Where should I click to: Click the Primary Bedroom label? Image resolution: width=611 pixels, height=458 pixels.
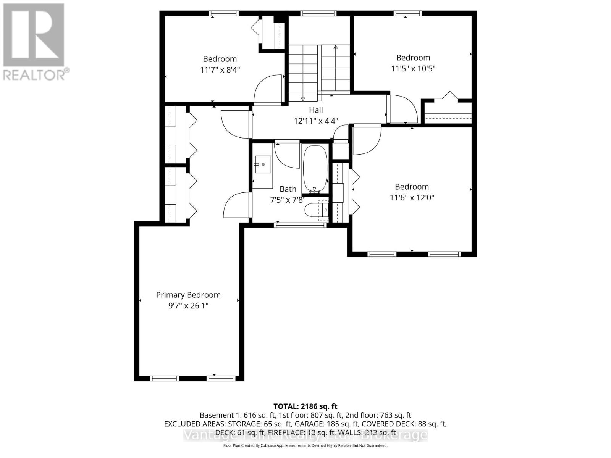(188, 295)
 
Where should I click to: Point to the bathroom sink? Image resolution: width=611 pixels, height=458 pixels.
(262, 164)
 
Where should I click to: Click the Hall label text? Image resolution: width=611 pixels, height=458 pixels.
(316, 110)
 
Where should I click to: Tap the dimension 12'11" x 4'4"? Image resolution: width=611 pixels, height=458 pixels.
(316, 121)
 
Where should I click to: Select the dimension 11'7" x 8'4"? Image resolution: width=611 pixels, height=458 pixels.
(220, 69)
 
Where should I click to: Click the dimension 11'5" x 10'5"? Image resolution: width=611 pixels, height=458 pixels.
(413, 68)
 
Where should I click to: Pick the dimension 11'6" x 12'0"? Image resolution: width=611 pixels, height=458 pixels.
(412, 197)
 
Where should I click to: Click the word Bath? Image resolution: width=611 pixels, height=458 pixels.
(288, 189)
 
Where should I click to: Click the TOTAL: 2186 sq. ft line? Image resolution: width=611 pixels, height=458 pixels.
(305, 406)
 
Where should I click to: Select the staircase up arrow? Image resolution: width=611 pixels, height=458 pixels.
(336, 47)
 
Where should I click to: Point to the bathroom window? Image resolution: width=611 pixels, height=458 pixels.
(301, 225)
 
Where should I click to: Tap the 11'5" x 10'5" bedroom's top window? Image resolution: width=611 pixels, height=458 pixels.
(408, 13)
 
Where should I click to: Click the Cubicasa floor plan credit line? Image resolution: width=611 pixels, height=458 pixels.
(305, 445)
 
